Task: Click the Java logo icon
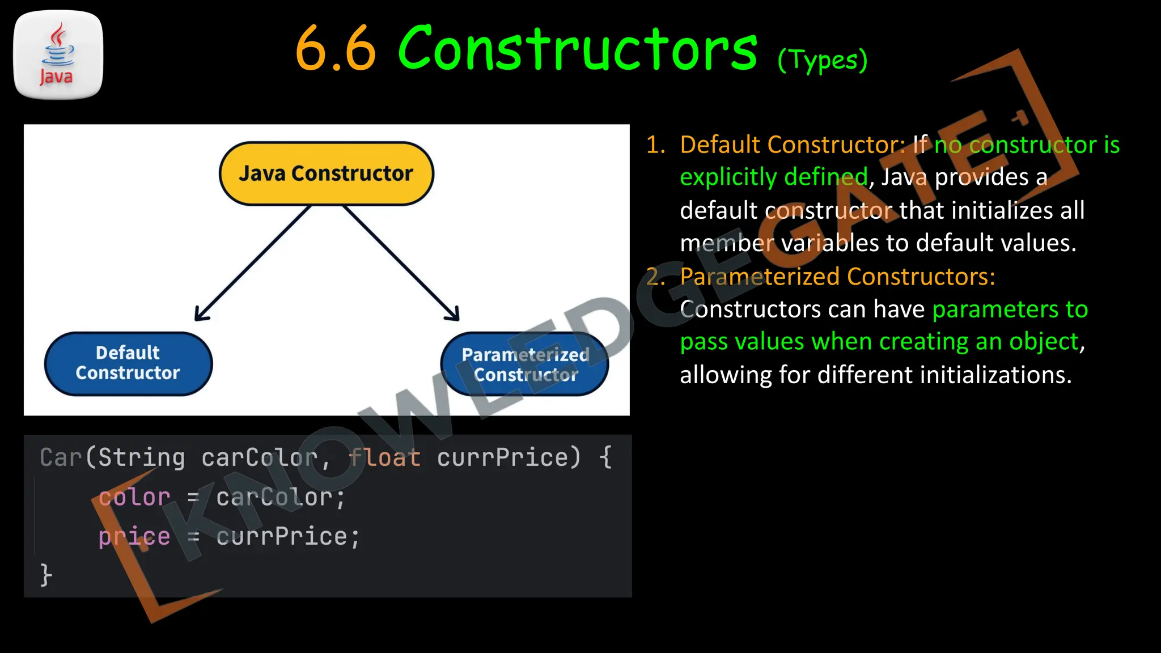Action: [x=58, y=55]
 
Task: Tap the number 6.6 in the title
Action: [x=336, y=50]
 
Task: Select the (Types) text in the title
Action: [x=822, y=60]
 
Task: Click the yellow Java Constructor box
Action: [x=326, y=173]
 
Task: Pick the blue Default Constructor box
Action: [x=128, y=363]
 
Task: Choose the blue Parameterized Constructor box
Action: [x=525, y=364]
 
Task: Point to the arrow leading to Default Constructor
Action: [x=253, y=263]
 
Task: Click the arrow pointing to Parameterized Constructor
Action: [x=401, y=263]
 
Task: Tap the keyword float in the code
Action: [x=385, y=457]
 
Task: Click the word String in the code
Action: [x=142, y=457]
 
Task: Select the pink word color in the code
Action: [x=134, y=497]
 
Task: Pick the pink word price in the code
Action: [x=134, y=536]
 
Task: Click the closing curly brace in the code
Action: [x=46, y=575]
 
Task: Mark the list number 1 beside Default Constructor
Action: [x=655, y=145]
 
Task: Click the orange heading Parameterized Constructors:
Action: [x=837, y=277]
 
